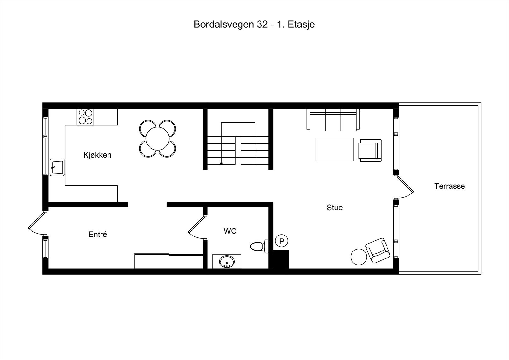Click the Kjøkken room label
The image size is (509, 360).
point(97,155)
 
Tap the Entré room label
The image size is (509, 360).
point(98,235)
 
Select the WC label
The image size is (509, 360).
point(230,231)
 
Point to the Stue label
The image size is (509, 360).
point(335,208)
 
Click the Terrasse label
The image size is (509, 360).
point(450,186)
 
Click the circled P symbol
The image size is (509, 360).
point(282,241)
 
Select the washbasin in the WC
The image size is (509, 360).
point(227,261)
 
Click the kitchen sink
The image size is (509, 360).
point(57,167)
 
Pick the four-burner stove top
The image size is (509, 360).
point(86,116)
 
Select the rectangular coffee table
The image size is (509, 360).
point(334,149)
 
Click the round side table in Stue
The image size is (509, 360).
point(359,257)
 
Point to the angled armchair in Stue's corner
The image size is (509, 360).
point(378,250)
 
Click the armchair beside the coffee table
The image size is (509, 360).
point(370,149)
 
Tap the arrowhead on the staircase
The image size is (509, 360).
point(221,163)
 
